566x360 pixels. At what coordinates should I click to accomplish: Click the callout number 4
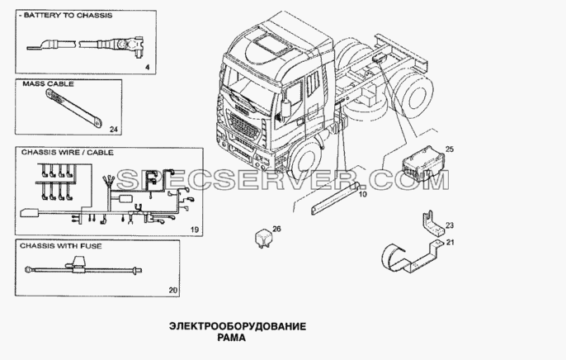coord(147,67)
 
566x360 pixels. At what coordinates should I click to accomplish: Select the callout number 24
coord(114,130)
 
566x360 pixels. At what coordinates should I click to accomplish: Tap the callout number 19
coord(194,230)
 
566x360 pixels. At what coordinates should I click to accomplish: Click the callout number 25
coord(450,149)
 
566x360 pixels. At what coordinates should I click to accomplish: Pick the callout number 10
coord(363,194)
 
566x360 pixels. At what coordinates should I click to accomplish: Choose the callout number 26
coord(276,229)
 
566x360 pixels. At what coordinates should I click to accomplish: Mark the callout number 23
coord(450,225)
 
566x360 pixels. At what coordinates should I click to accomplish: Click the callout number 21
coord(450,242)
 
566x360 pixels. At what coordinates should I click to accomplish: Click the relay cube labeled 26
coord(262,238)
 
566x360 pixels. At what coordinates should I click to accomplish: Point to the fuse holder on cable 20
coord(78,265)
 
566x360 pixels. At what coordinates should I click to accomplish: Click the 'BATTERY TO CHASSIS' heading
coord(68,16)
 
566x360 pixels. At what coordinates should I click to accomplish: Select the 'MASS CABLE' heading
coord(48,83)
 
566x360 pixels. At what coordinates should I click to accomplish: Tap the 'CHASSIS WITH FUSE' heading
coord(61,246)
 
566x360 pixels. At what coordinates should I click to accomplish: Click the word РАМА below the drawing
coord(231,338)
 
